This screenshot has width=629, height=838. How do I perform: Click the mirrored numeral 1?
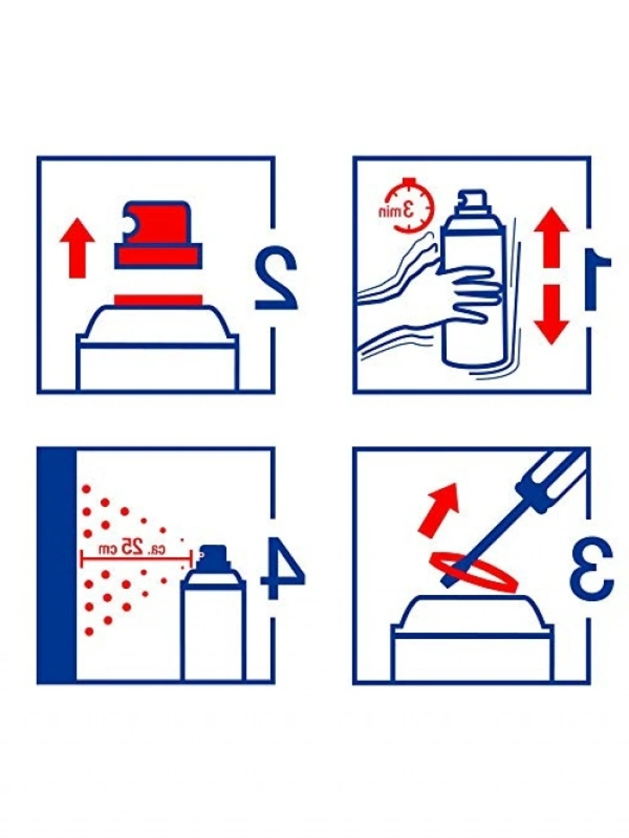[596, 279]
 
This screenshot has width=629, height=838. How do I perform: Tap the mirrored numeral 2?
[276, 278]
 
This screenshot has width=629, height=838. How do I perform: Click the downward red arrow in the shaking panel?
[551, 314]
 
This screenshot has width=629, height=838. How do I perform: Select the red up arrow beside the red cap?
[77, 247]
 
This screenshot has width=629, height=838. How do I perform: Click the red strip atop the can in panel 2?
[158, 300]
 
